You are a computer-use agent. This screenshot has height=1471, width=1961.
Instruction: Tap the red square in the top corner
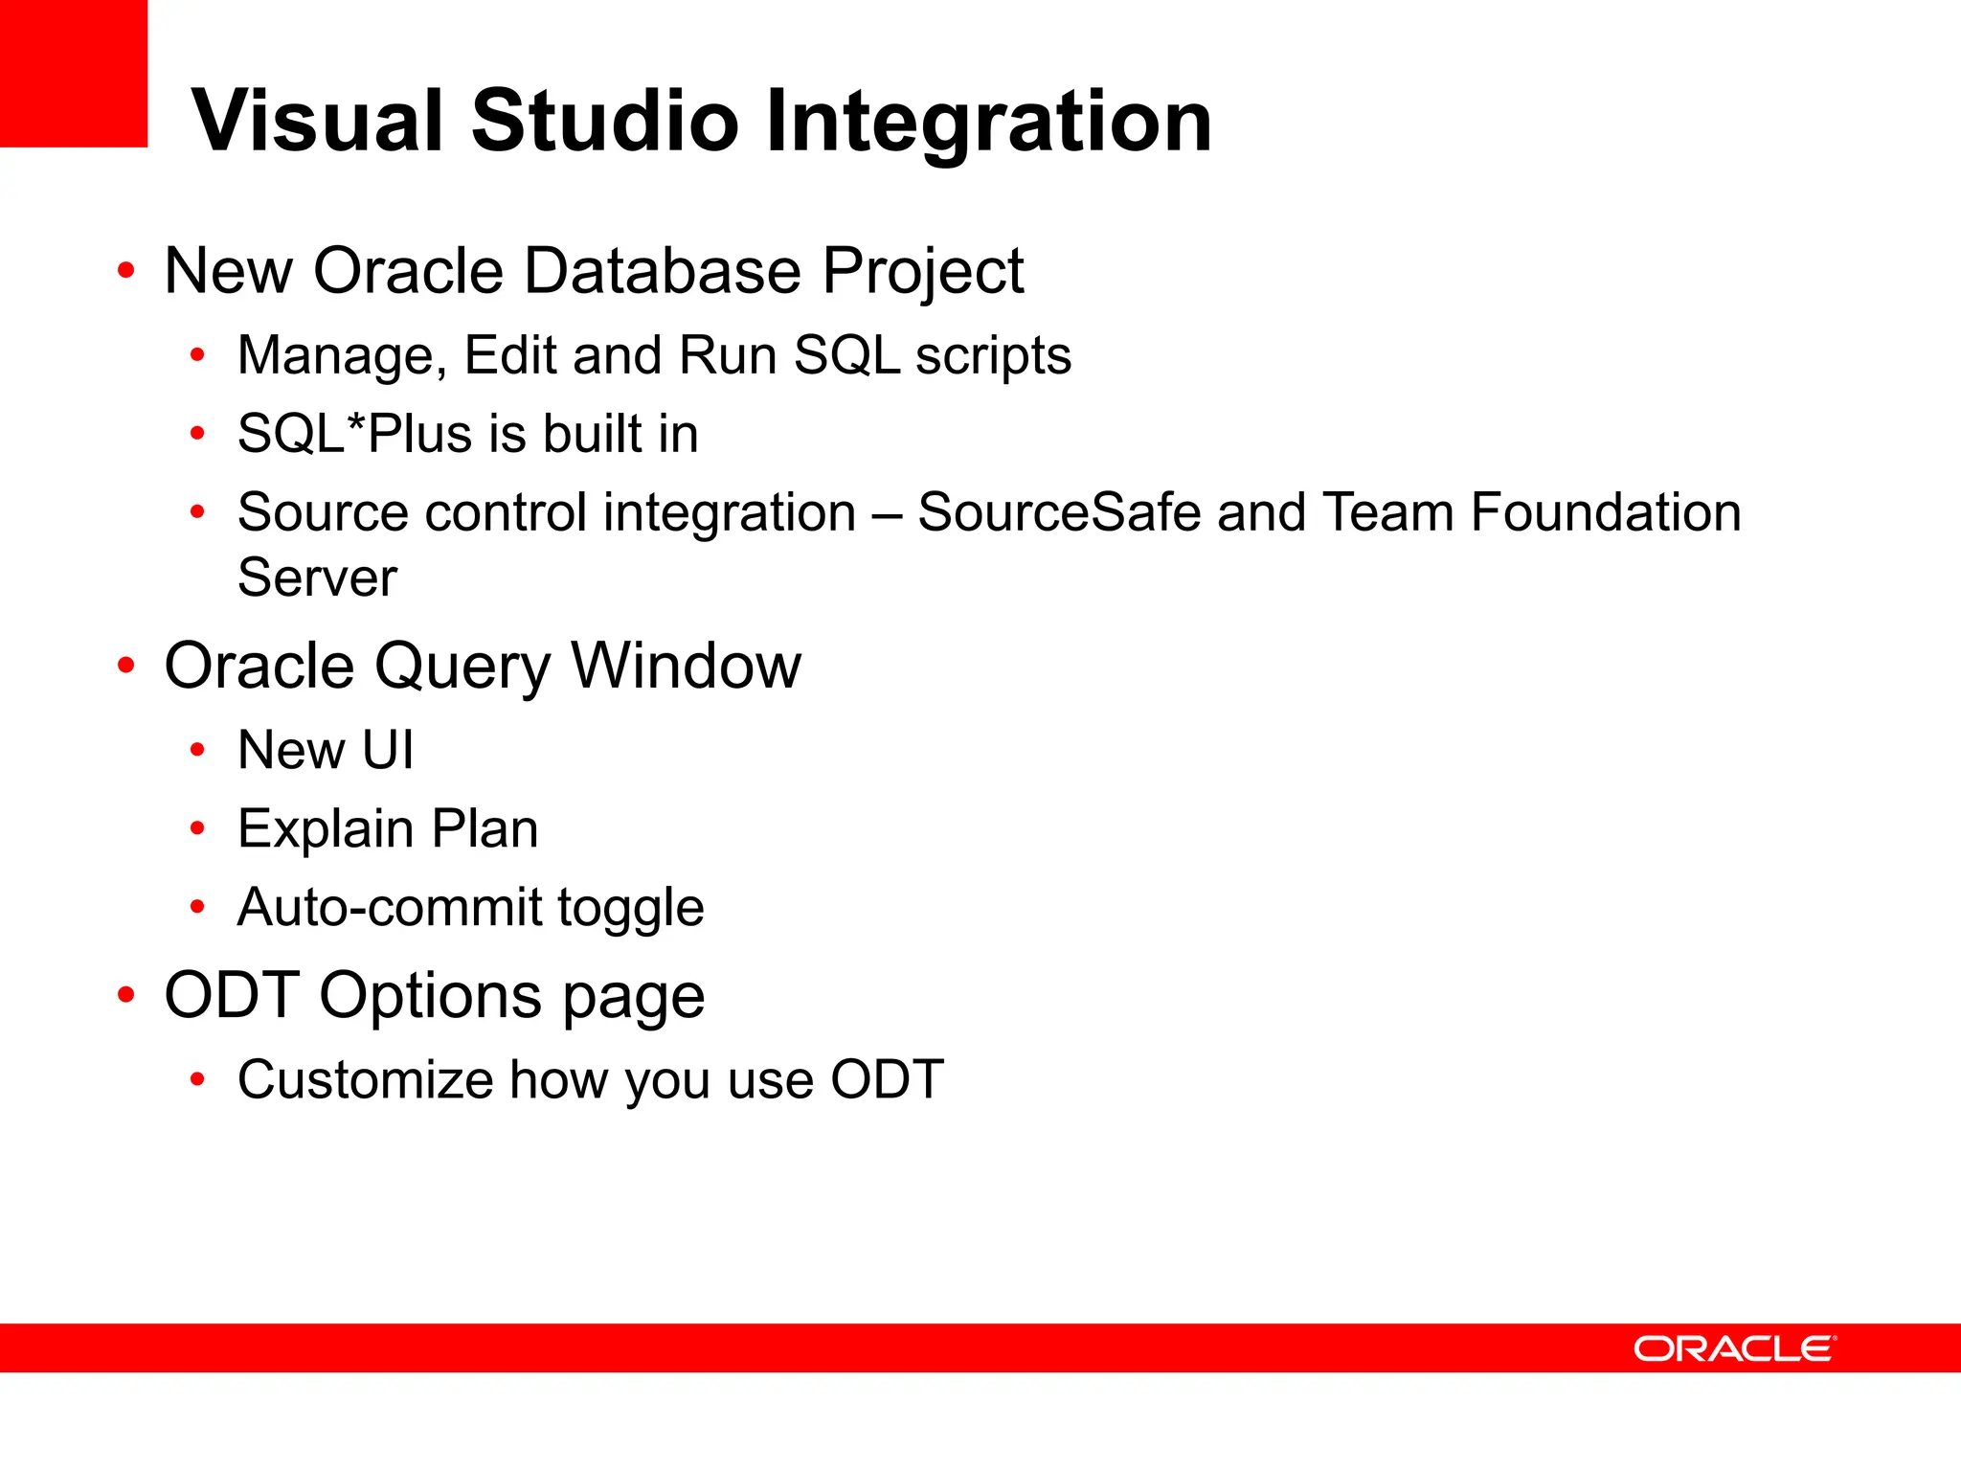[73, 73]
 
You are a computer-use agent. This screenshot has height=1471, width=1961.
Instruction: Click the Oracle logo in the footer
[1734, 1348]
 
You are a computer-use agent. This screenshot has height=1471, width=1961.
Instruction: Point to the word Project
[923, 273]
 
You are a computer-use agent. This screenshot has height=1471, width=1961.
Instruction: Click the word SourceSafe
[1058, 512]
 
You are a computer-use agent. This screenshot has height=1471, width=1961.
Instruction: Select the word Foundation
[1606, 512]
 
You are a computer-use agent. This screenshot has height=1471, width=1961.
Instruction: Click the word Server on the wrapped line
[317, 577]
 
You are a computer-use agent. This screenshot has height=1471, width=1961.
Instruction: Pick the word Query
[462, 668]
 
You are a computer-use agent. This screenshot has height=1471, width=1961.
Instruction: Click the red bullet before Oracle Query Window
[126, 665]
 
